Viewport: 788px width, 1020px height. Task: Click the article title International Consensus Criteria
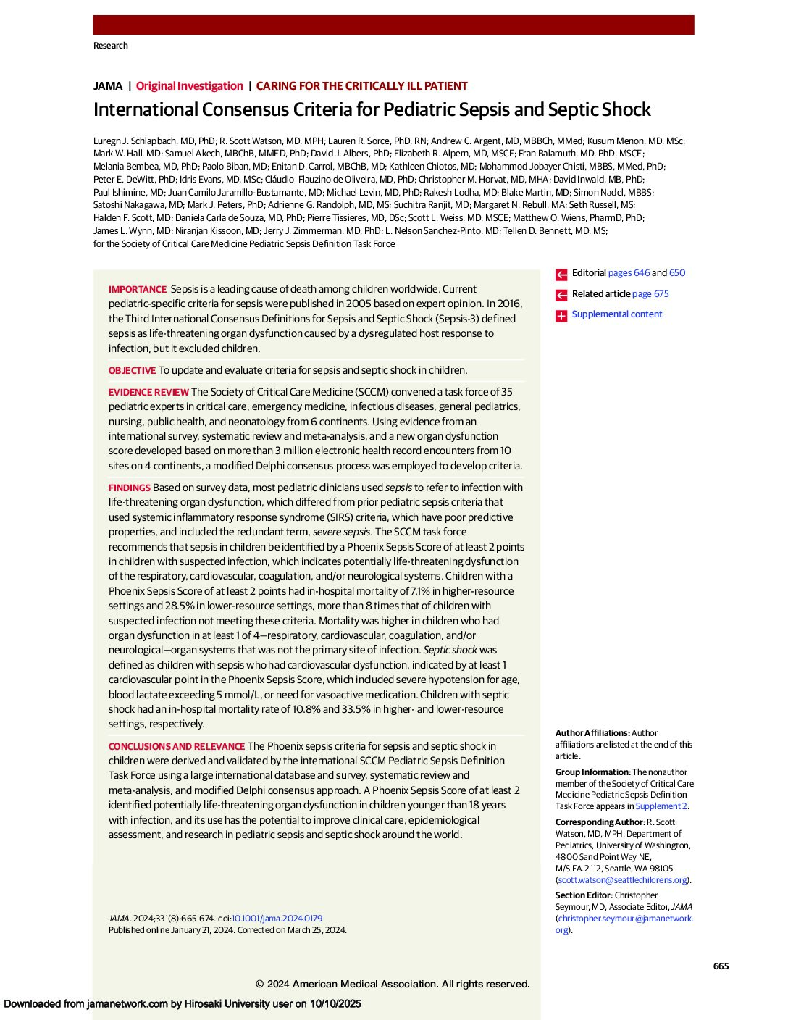[372, 110]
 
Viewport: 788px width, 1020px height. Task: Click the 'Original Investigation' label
[189, 86]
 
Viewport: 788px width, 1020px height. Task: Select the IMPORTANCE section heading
[138, 290]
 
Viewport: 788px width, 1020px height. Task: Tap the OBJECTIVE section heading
[132, 371]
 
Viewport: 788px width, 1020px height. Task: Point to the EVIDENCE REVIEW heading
[148, 393]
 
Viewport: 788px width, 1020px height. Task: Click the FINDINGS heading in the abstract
[130, 488]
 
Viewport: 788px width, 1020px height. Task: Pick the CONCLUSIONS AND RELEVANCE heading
[177, 747]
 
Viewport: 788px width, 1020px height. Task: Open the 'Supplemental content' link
[616, 314]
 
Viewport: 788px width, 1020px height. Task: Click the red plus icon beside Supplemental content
[561, 316]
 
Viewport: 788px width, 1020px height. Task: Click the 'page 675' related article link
[650, 294]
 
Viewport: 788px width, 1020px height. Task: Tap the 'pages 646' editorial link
[629, 273]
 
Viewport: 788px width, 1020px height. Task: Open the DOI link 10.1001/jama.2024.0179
[277, 919]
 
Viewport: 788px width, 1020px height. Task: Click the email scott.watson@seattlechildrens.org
[622, 880]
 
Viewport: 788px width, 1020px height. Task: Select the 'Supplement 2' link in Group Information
[661, 806]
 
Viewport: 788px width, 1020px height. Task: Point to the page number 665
[721, 966]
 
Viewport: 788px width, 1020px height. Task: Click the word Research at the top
[111, 46]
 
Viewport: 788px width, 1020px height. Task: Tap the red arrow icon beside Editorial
[561, 275]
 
